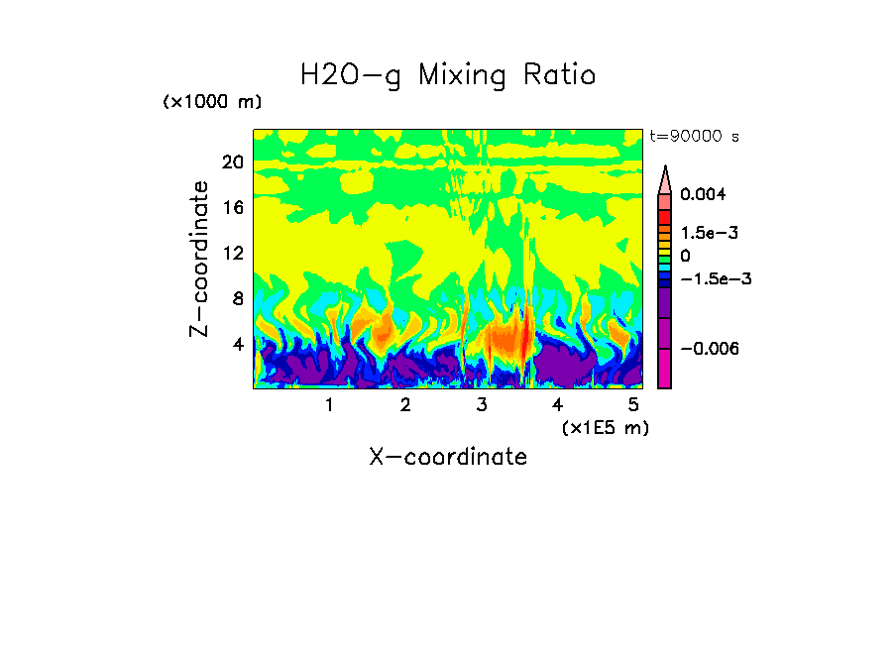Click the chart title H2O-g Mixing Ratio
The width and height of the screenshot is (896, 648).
(448, 75)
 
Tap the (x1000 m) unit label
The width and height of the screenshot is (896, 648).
(211, 103)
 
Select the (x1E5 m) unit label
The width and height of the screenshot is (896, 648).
(605, 427)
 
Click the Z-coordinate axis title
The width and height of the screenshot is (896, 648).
(200, 259)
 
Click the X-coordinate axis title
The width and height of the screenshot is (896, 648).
(448, 457)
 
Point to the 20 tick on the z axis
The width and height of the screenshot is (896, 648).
(233, 162)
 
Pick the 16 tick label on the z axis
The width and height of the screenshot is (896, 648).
(233, 208)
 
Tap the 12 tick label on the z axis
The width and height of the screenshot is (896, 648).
(233, 254)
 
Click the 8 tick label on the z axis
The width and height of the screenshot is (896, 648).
(238, 299)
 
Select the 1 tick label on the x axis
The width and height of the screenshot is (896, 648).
(329, 405)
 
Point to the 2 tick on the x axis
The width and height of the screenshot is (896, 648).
(405, 405)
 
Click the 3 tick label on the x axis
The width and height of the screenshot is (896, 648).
(482, 405)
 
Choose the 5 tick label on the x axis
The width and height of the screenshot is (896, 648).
(633, 405)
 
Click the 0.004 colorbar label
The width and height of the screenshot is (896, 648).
(703, 195)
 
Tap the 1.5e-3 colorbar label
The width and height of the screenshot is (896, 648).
(709, 233)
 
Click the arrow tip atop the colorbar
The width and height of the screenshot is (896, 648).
(665, 170)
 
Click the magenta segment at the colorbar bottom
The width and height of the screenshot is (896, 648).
(665, 371)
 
